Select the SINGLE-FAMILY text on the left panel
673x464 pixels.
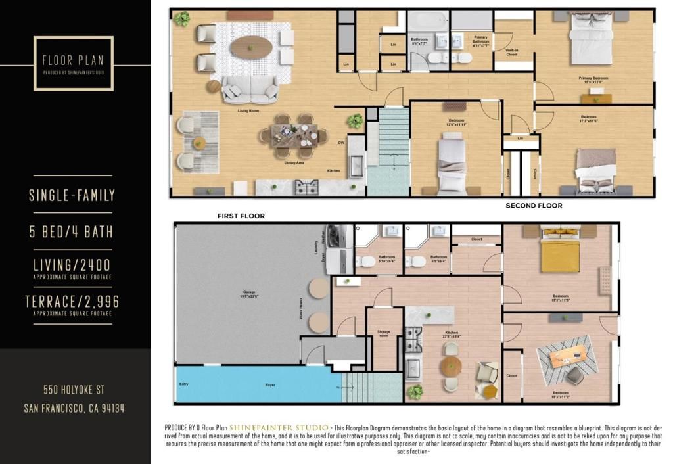tap(72, 195)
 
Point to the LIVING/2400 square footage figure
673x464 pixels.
tap(72, 265)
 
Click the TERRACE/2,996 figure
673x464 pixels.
tap(72, 302)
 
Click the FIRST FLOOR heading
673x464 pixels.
tap(241, 216)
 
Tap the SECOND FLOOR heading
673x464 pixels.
tap(534, 206)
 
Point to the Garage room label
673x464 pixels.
tap(249, 291)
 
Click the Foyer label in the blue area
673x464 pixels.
tap(270, 384)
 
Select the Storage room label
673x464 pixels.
tap(384, 333)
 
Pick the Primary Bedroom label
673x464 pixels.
tap(593, 78)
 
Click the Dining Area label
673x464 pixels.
tap(293, 162)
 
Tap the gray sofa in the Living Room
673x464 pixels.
tap(249, 89)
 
